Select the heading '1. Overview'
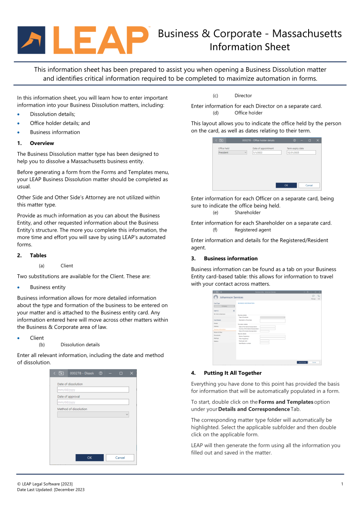pos(42,143)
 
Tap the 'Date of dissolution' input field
pos(93,390)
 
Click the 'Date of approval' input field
pos(93,402)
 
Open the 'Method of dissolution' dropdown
pos(93,415)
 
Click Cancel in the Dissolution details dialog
pos(120,458)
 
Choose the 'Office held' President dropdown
pos(232,153)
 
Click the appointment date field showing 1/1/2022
pos(267,153)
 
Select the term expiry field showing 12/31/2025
pos(301,153)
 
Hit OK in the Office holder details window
pos(286,185)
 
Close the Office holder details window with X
pos(318,140)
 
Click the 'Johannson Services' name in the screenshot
pos(231,297)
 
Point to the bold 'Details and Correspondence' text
pos(254,409)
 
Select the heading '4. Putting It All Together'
pos(232,373)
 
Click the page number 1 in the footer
pos(342,484)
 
